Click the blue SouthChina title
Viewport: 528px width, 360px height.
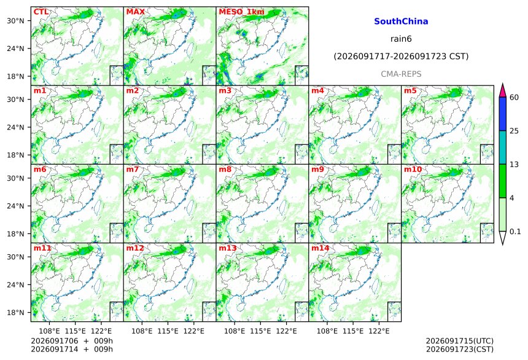pos(401,22)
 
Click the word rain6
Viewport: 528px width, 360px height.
pos(401,39)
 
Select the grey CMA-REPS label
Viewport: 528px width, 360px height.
pos(401,74)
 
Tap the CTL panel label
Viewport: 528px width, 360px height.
pos(41,12)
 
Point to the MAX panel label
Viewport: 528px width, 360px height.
pos(135,12)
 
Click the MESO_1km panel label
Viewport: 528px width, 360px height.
pos(241,12)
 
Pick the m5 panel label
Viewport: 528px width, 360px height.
pos(410,91)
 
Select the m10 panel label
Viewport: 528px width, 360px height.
pos(413,169)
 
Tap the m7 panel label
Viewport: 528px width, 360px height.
pos(133,169)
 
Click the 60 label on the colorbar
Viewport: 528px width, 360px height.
pos(514,98)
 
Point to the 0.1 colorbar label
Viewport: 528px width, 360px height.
pos(515,232)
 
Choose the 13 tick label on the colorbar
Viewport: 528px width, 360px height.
pos(514,165)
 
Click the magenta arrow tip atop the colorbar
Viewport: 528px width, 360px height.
pos(503,84)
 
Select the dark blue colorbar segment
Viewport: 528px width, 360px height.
pos(503,114)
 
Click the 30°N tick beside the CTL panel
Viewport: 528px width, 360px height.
pos(15,20)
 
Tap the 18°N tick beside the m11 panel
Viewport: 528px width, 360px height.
pos(15,313)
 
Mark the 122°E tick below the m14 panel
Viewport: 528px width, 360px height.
pos(379,331)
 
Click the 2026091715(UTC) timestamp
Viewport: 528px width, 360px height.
pos(460,341)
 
